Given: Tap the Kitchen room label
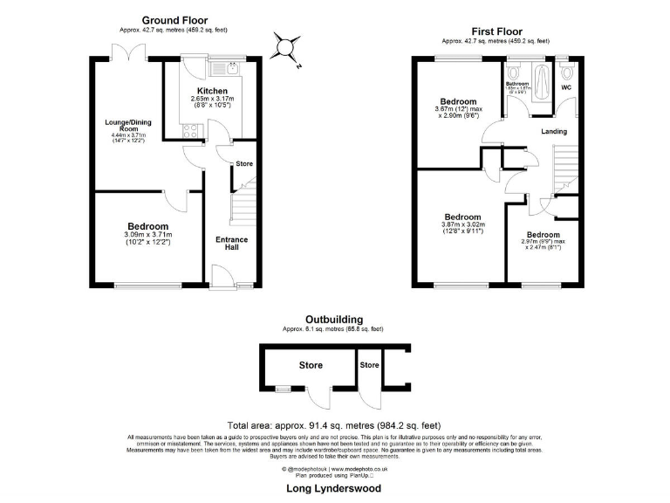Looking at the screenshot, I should click(212, 91).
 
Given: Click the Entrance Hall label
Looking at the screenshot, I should click(232, 243).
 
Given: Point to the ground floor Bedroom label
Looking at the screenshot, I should click(147, 225).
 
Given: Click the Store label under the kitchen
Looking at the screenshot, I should click(243, 163).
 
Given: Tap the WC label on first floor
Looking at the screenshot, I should click(565, 88).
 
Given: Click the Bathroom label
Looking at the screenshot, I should click(518, 84).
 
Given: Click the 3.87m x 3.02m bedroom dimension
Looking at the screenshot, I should click(461, 225).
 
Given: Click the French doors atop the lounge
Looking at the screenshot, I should click(128, 55).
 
